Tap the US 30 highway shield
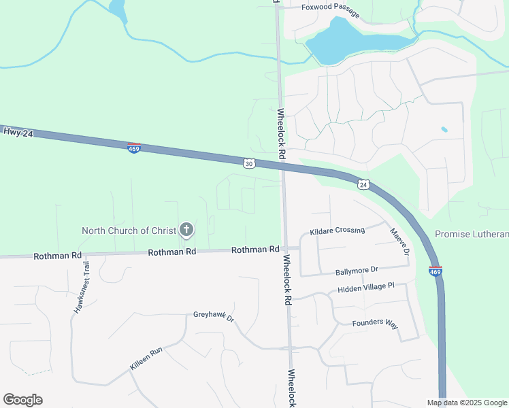pos(249,164)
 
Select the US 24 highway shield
pos(363,184)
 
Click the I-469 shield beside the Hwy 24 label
pos(134,148)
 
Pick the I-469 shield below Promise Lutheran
pos(436,271)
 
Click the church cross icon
pos(186,230)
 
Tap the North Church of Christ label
pos(125,231)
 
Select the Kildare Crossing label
pos(338,231)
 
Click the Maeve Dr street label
pos(399,242)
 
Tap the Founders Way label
pos(374,323)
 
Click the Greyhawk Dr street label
pos(214,317)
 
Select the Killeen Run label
pos(146,359)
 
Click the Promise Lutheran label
pos(471,234)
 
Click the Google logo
pos(22,400)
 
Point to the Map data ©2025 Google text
pos(467,403)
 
